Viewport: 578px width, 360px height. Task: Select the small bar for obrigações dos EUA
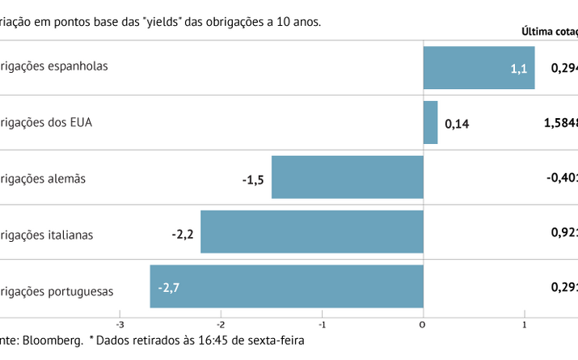tap(430, 122)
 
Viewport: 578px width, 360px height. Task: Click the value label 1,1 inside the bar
tap(518, 69)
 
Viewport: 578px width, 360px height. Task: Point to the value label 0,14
tap(457, 124)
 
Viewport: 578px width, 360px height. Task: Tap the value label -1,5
tap(253, 179)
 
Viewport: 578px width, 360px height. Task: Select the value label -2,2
tap(182, 234)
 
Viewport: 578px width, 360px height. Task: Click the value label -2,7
tap(169, 287)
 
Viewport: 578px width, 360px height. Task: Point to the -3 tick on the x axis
tap(120, 324)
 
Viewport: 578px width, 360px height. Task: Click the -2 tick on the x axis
tap(220, 324)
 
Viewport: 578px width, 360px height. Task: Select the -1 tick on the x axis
tap(321, 324)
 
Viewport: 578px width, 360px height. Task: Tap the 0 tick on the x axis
tap(423, 324)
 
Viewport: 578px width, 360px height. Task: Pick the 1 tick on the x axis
tap(524, 324)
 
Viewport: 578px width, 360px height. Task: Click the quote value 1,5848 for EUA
tap(560, 123)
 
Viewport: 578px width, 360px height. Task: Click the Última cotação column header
tap(550, 32)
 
